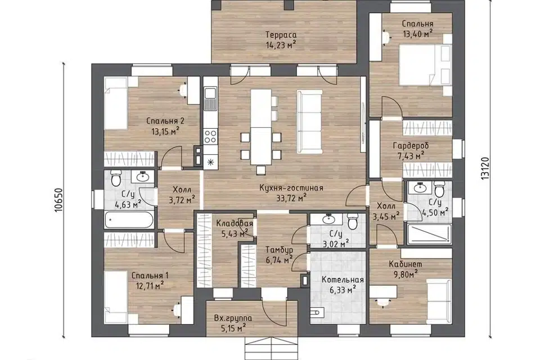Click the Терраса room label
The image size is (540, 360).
(281, 35)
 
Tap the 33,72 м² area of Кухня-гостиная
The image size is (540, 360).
(291, 198)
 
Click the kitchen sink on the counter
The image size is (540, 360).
(210, 98)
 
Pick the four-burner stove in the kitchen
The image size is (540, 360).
(210, 136)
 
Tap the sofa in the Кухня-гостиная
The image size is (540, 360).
(309, 121)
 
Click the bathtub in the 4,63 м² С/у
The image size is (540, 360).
(129, 219)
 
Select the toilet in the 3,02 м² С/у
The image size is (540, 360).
(352, 222)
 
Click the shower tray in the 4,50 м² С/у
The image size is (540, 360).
(429, 234)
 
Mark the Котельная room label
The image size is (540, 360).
(343, 280)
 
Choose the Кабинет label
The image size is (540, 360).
(406, 264)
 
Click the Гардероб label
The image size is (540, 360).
(411, 146)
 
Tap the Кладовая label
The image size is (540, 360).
(234, 224)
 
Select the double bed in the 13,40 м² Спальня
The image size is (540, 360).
(425, 65)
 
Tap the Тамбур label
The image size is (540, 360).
(279, 249)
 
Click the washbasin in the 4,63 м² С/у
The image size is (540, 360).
(142, 177)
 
